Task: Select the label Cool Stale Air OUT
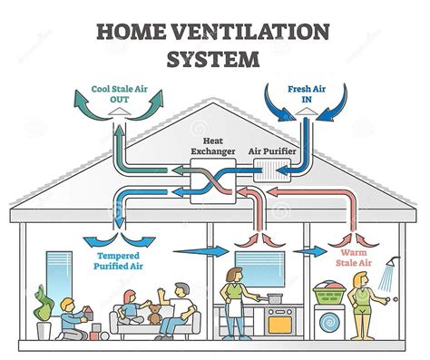[114, 95]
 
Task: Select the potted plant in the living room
[41, 304]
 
